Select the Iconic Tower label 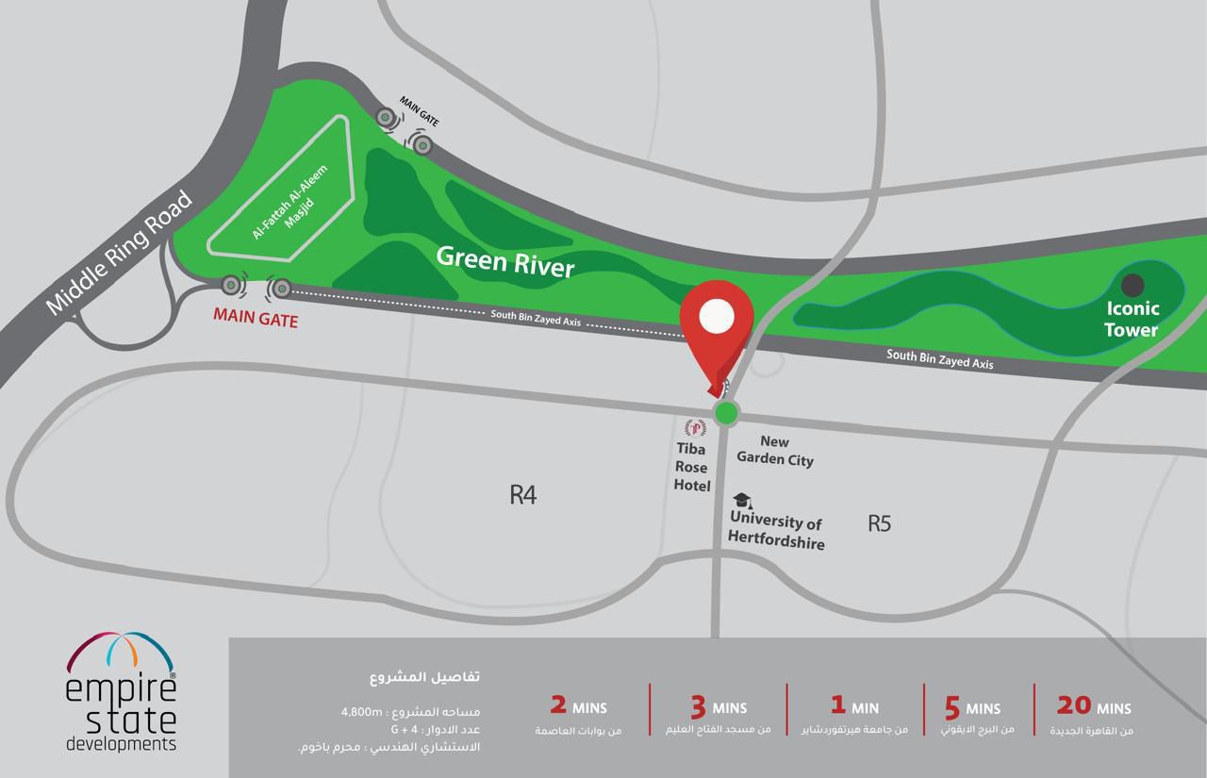coord(1132,319)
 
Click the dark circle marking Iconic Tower coord(1133,284)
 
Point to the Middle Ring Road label coord(119,253)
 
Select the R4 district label coord(522,494)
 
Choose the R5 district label coord(879,522)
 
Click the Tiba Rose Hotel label coord(692,468)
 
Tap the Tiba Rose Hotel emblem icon coord(696,428)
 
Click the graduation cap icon coord(742,501)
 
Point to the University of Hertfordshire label coord(776,532)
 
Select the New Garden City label coord(774,451)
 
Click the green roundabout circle coord(726,412)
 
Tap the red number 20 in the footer coord(1073,704)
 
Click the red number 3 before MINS coord(698,706)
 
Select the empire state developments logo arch coord(121,652)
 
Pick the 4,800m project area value coord(362,711)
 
